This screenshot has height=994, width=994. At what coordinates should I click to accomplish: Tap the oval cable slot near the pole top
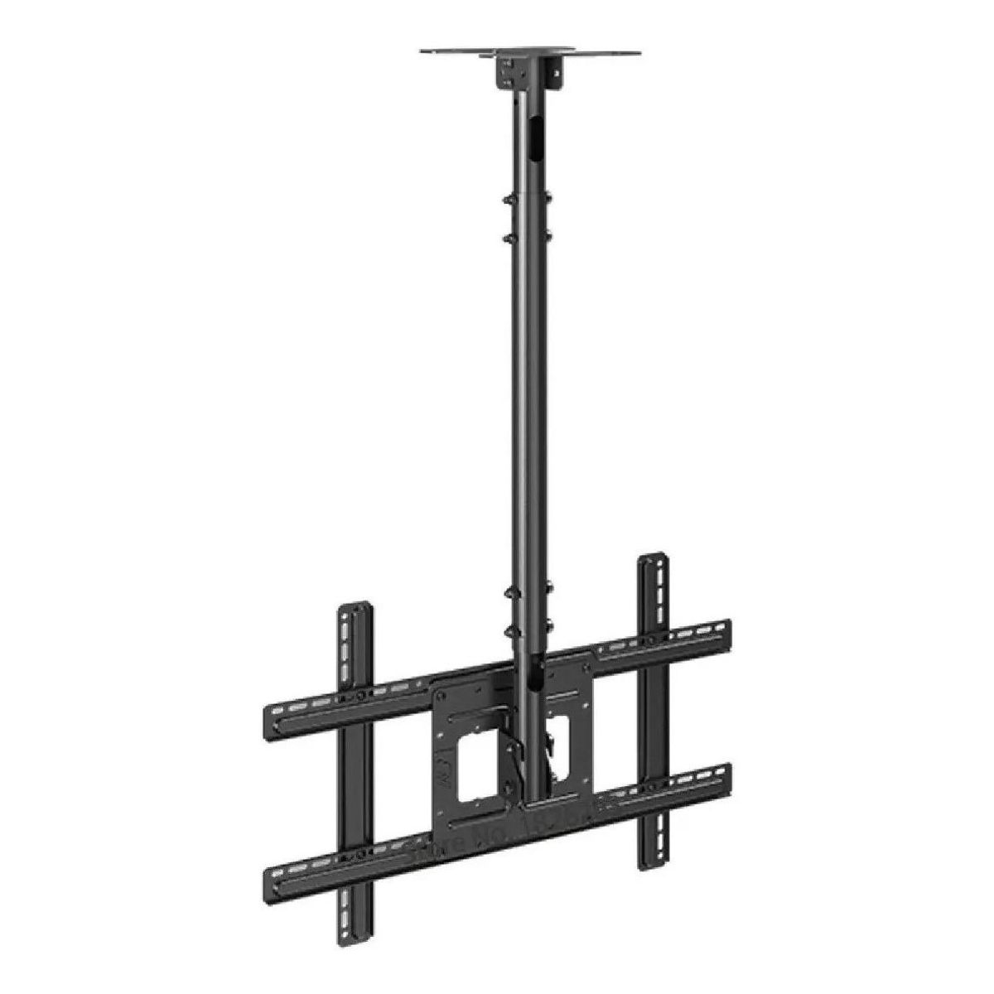535,137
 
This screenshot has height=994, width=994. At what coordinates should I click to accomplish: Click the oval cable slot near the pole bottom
537,671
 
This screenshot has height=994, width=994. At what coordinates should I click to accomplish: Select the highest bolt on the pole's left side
508,200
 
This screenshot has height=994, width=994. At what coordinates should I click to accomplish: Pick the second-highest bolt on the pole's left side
506,237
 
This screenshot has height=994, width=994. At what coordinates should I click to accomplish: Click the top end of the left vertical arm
357,610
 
